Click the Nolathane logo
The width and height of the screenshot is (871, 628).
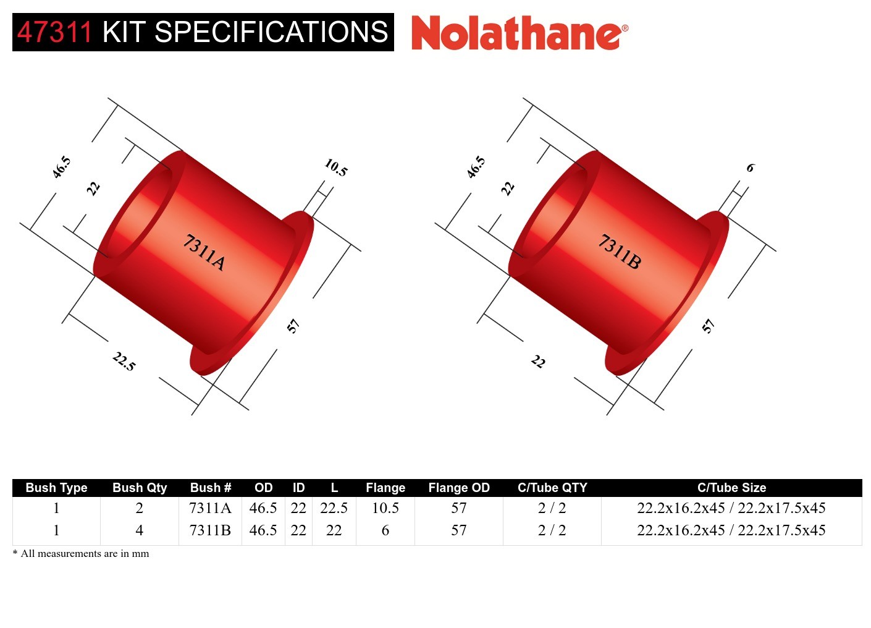[519, 33]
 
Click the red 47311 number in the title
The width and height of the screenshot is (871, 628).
[54, 32]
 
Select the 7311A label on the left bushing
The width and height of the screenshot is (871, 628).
[204, 252]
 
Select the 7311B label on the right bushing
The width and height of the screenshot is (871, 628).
[619, 252]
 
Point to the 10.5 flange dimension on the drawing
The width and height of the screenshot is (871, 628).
[336, 167]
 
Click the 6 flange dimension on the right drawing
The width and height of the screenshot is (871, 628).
[750, 168]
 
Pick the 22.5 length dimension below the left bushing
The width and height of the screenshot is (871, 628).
[124, 361]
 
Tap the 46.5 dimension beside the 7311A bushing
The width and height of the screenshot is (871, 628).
[61, 167]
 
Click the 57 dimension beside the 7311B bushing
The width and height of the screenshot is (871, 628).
[708, 326]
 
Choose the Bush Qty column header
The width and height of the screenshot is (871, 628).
[140, 488]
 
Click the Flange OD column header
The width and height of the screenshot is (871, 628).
[458, 488]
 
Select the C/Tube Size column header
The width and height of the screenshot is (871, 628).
[731, 488]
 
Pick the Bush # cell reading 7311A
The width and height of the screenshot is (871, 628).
[210, 508]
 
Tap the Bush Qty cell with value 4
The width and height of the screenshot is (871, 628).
[140, 530]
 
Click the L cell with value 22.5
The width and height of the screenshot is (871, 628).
[334, 508]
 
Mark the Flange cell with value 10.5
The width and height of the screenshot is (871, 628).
[385, 508]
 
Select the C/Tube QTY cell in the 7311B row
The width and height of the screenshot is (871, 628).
[552, 530]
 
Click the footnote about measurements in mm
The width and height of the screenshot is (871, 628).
[81, 554]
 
